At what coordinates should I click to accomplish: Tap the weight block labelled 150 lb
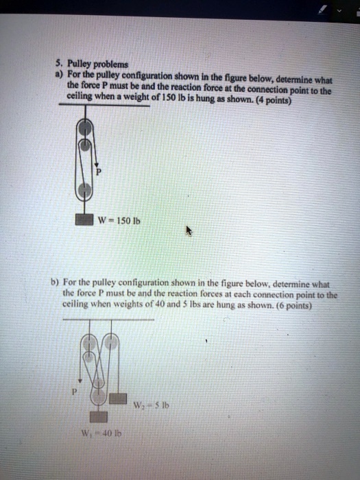pos(85,220)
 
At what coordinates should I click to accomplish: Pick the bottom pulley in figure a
pos(85,185)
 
